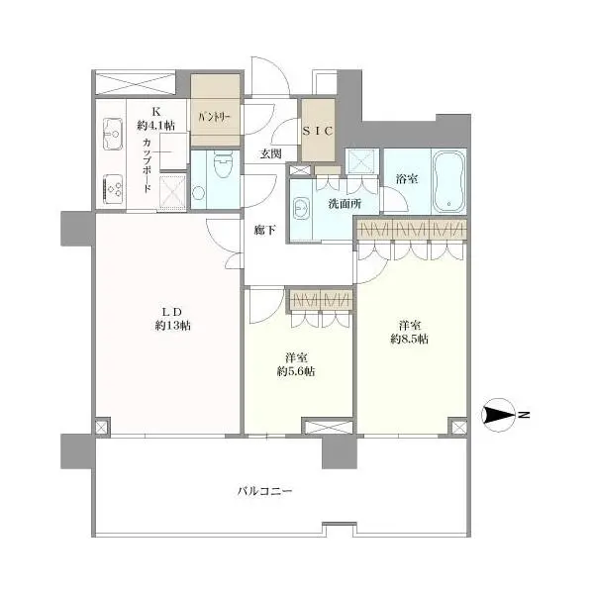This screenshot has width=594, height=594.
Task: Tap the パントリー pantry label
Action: pos(215,116)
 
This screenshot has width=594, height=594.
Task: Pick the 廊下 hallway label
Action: pos(264,230)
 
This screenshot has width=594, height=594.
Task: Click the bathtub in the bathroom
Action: pos(450,181)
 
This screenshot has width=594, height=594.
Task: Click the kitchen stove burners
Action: pos(111,185)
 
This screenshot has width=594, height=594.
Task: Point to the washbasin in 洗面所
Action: pos(301,210)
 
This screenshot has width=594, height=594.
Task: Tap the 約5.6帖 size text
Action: pos(296,371)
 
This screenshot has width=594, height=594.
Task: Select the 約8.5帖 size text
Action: pos(409,339)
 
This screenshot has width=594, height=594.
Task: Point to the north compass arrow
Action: pos(500,416)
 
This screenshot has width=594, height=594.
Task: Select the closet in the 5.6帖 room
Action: pos(320,299)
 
